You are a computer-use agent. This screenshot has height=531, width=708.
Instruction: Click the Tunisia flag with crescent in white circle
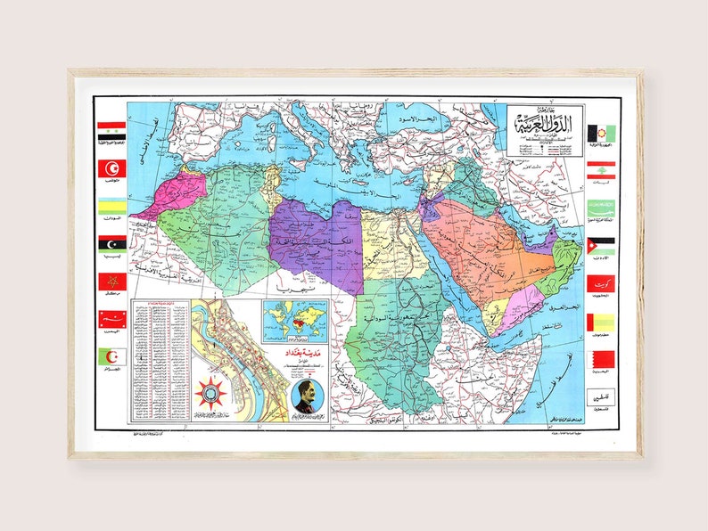(111, 167)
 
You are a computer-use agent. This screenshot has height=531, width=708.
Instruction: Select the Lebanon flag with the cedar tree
(599, 169)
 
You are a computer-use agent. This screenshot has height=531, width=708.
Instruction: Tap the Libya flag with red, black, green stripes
(111, 243)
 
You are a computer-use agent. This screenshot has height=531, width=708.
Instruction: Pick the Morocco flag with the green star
(111, 282)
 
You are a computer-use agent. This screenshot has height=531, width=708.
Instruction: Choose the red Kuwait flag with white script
(599, 283)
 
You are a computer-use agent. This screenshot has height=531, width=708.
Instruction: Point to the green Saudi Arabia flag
(599, 207)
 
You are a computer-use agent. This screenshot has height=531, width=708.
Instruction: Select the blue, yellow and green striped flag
(111, 207)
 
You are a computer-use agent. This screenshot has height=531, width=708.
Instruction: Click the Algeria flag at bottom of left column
(111, 357)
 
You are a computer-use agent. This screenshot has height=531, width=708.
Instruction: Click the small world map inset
(293, 319)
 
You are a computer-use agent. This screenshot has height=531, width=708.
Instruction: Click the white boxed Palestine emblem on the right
(599, 396)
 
